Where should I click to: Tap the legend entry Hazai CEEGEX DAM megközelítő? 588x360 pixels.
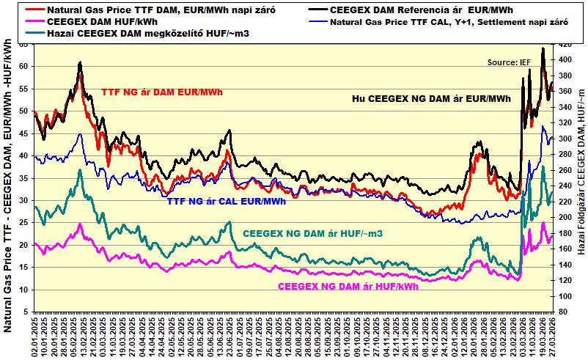coord(147,34)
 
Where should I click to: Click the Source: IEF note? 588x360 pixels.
coord(508,63)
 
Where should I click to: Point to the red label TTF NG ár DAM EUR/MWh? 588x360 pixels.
coord(161,92)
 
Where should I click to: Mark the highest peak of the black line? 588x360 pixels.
coord(543,48)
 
